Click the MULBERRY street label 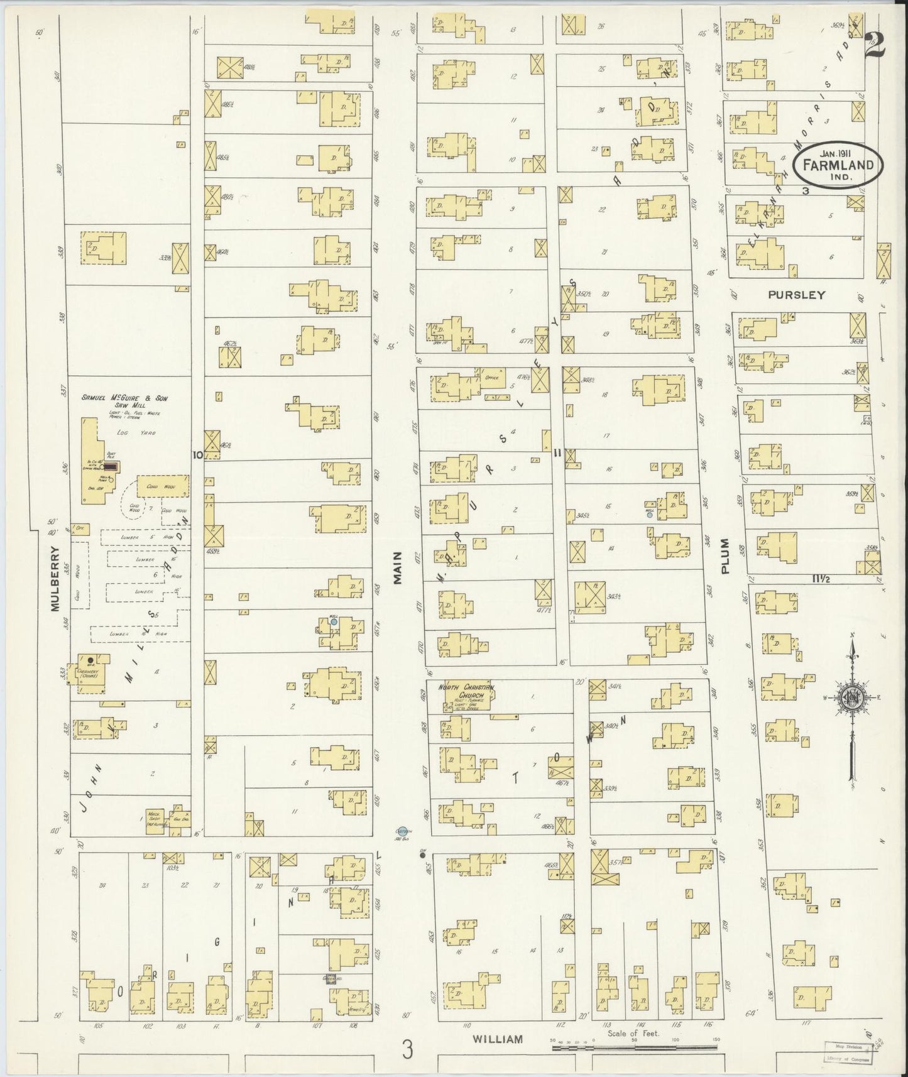(x=55, y=578)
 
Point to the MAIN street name (x=397, y=574)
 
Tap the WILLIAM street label (x=497, y=1039)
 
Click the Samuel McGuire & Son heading (x=124, y=398)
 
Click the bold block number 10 (x=197, y=456)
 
